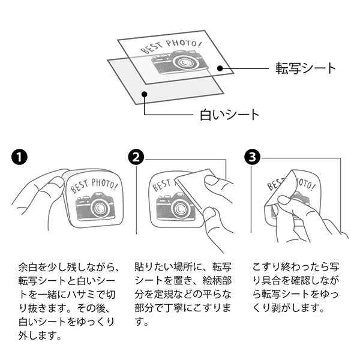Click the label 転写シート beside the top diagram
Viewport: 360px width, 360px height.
tap(305, 68)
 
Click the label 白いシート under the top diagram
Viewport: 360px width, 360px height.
tap(229, 115)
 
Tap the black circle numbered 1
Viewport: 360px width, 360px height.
tap(19, 157)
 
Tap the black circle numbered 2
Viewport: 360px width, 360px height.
tap(136, 157)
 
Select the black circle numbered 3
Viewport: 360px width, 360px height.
tap(253, 157)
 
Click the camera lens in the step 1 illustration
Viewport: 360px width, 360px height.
tap(100, 208)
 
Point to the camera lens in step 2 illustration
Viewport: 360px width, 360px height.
tap(181, 208)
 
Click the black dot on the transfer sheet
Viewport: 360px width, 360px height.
tap(220, 68)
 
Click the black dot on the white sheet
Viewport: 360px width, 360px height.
tap(144, 94)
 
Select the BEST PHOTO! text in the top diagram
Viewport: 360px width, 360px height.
tap(170, 47)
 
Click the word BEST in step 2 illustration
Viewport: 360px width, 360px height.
tap(161, 185)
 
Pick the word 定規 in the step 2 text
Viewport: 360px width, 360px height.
tap(163, 295)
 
